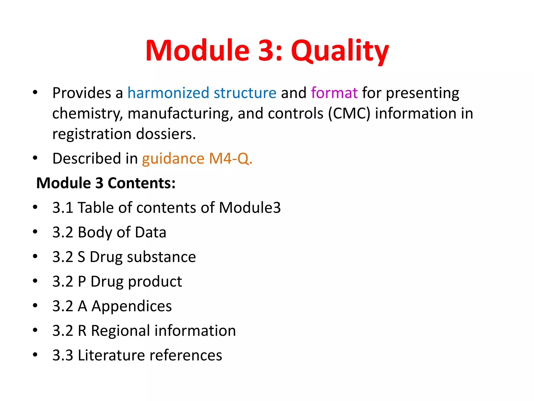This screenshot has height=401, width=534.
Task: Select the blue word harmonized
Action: tap(168, 93)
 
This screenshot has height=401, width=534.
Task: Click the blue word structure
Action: tap(245, 93)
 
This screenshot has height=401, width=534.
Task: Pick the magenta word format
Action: tap(334, 93)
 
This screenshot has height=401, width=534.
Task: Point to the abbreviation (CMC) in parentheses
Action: tap(349, 113)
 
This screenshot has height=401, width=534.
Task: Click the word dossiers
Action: tap(166, 134)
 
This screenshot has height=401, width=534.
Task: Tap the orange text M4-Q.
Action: tap(231, 158)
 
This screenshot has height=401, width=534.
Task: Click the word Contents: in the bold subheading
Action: tap(142, 183)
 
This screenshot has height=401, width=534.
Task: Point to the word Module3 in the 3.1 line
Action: tap(250, 208)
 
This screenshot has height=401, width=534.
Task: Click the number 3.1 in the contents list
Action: tap(63, 208)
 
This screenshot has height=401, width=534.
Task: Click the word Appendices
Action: tap(132, 306)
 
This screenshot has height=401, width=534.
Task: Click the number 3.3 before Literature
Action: tap(63, 355)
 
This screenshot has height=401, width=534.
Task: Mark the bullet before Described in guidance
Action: tap(35, 158)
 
